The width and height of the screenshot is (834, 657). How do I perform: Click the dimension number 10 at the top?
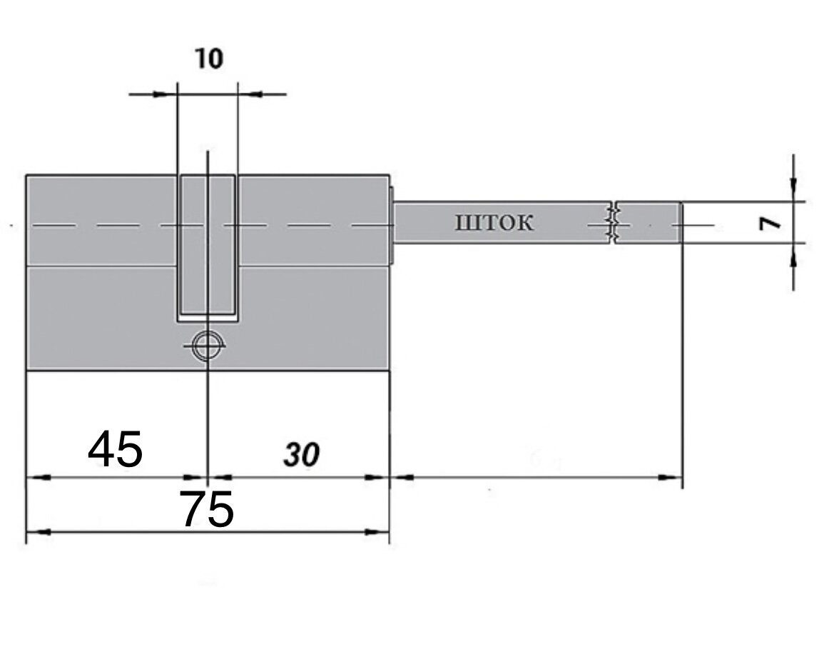click(209, 59)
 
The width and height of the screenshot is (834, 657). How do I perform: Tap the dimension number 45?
click(116, 449)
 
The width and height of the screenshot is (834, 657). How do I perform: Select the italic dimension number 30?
click(302, 455)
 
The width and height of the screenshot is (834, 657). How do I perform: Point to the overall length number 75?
click(206, 509)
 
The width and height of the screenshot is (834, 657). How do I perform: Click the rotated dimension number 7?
click(771, 224)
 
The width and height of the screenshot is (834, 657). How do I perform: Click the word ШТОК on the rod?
click(494, 223)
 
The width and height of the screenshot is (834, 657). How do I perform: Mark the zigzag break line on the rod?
click(614, 223)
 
